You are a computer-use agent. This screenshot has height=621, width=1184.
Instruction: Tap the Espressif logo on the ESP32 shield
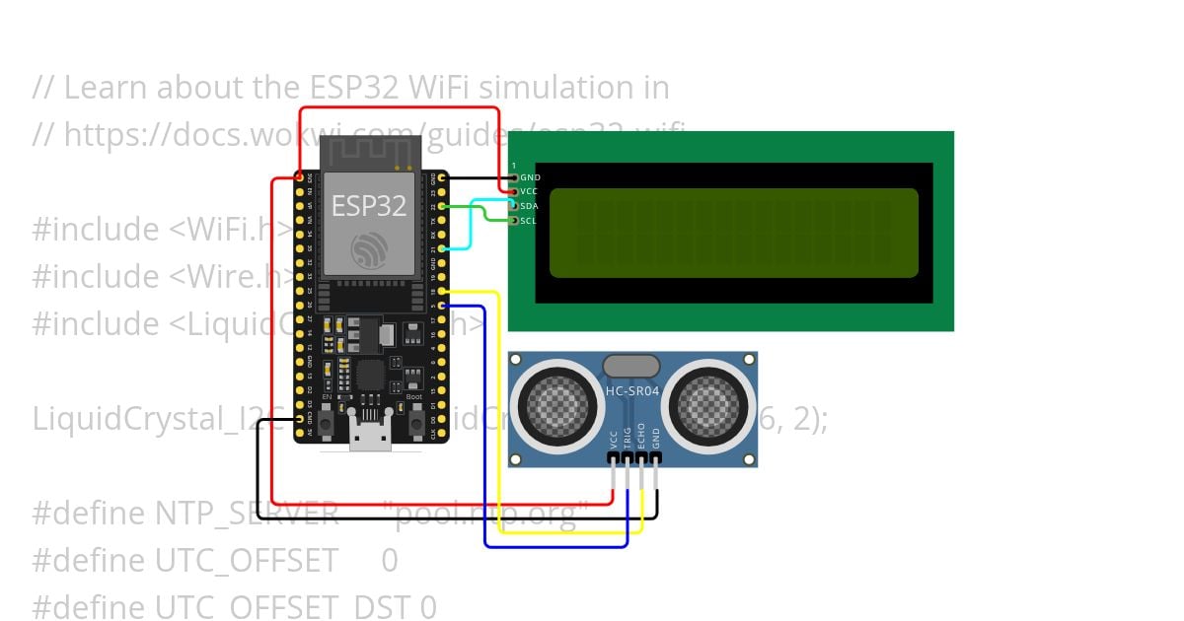(x=368, y=250)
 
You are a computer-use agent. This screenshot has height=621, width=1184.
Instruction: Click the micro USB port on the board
(x=370, y=439)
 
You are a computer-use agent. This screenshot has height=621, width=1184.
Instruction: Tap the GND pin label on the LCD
(x=530, y=177)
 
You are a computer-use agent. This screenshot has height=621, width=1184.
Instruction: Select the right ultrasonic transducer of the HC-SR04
(x=708, y=405)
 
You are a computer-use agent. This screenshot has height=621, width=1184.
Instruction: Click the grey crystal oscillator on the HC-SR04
(x=631, y=367)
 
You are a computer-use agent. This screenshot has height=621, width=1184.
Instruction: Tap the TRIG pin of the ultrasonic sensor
(x=627, y=459)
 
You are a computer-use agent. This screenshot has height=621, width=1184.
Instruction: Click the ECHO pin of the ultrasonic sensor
(x=641, y=459)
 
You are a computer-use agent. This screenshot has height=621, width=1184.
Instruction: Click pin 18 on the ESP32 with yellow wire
(x=442, y=292)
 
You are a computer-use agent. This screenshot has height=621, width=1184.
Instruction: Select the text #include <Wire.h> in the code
(x=164, y=277)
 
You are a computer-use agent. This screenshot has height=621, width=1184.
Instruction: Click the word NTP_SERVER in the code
(x=247, y=514)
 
